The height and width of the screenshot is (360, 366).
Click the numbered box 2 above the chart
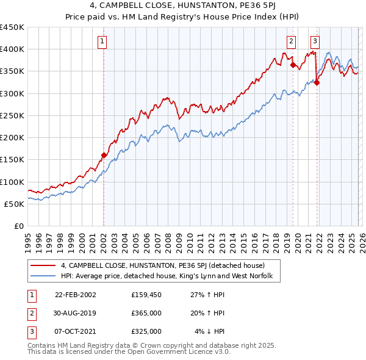(x=292, y=41)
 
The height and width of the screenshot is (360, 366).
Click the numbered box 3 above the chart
(x=315, y=41)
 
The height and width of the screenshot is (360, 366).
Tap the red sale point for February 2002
(x=104, y=155)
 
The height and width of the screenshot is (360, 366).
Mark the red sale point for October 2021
(x=317, y=82)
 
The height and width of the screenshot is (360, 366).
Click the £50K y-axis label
(x=15, y=204)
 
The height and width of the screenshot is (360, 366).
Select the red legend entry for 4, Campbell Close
(x=162, y=265)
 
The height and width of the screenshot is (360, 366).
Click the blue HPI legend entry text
(x=170, y=276)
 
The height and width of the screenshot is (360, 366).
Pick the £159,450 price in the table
(x=146, y=295)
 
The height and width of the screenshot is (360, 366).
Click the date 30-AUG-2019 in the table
(x=76, y=313)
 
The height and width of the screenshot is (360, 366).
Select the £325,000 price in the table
(x=146, y=331)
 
